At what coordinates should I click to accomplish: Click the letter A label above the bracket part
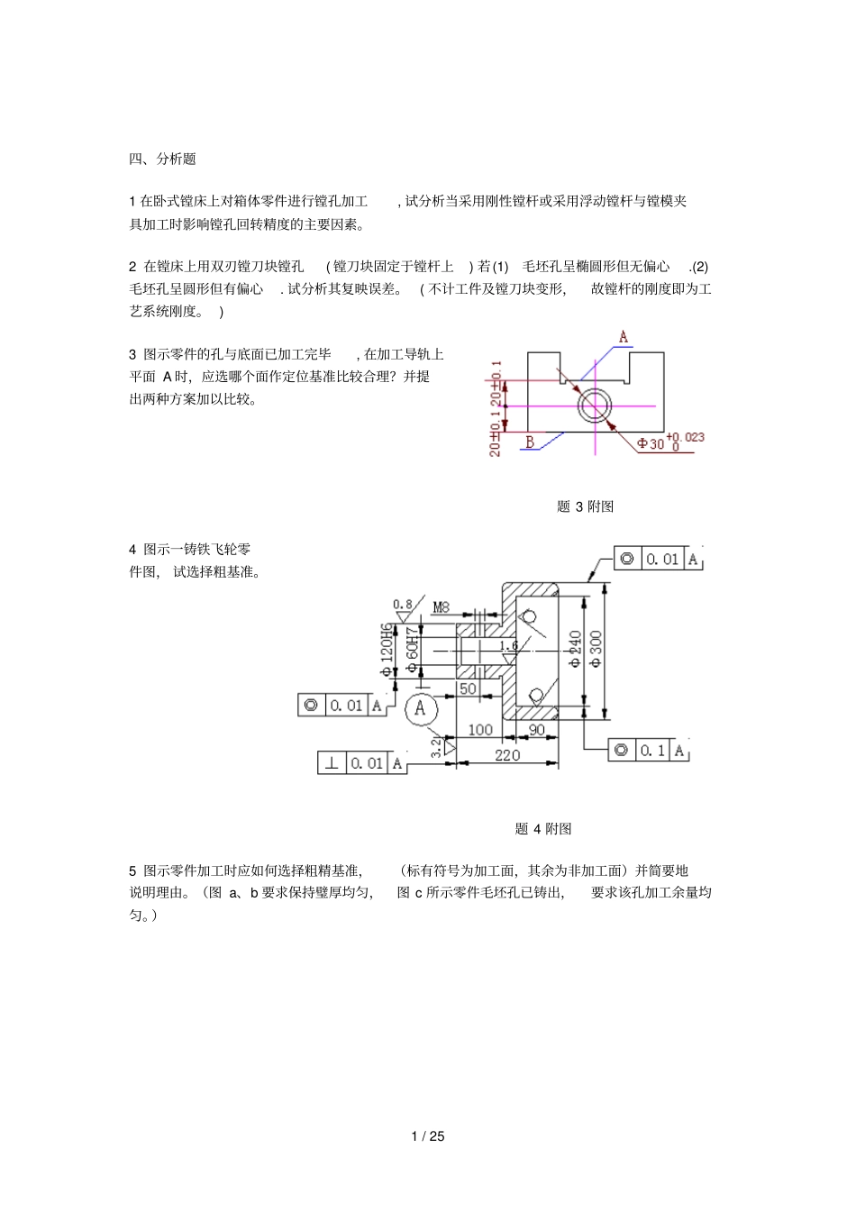click(x=623, y=337)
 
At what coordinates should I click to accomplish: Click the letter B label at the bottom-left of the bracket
click(x=530, y=442)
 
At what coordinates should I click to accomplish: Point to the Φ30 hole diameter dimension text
click(x=651, y=443)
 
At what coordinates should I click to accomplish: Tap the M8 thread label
click(x=441, y=607)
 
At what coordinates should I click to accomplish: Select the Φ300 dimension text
click(x=596, y=649)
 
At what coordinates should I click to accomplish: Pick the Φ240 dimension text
click(x=575, y=649)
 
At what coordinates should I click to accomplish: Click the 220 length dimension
click(x=507, y=755)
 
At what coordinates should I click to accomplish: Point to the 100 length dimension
click(x=479, y=730)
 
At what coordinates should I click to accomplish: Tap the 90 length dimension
click(x=536, y=730)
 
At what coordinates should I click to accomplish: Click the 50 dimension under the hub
click(x=468, y=689)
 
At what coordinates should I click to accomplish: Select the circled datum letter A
click(x=420, y=708)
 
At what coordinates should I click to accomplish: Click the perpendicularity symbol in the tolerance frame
click(x=332, y=763)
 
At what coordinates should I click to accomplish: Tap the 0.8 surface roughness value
click(x=402, y=605)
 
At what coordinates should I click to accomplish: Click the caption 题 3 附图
click(x=585, y=506)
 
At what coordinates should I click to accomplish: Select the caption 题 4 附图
click(x=543, y=828)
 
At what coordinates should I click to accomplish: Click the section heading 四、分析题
click(x=162, y=159)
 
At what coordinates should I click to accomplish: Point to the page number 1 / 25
click(x=428, y=1136)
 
